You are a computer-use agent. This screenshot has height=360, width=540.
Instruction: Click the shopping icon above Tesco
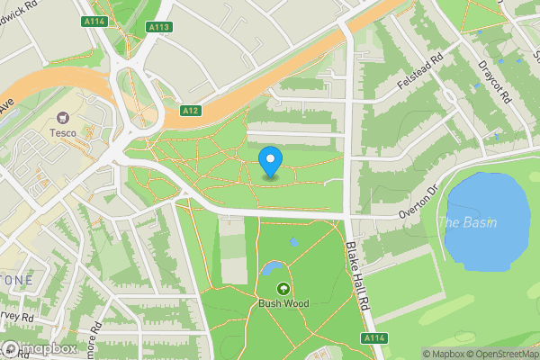63,118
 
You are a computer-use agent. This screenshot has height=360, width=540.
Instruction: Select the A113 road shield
159,27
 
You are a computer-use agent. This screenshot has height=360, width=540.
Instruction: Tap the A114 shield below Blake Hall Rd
375,337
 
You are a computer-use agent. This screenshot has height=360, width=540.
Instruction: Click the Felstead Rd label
421,76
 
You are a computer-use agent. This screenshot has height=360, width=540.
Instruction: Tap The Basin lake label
472,222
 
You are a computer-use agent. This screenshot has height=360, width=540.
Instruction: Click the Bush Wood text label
283,303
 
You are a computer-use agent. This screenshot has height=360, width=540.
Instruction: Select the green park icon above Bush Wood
283,288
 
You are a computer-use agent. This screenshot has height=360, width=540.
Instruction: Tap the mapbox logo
38,348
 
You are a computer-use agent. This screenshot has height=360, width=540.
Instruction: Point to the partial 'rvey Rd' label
18,317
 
